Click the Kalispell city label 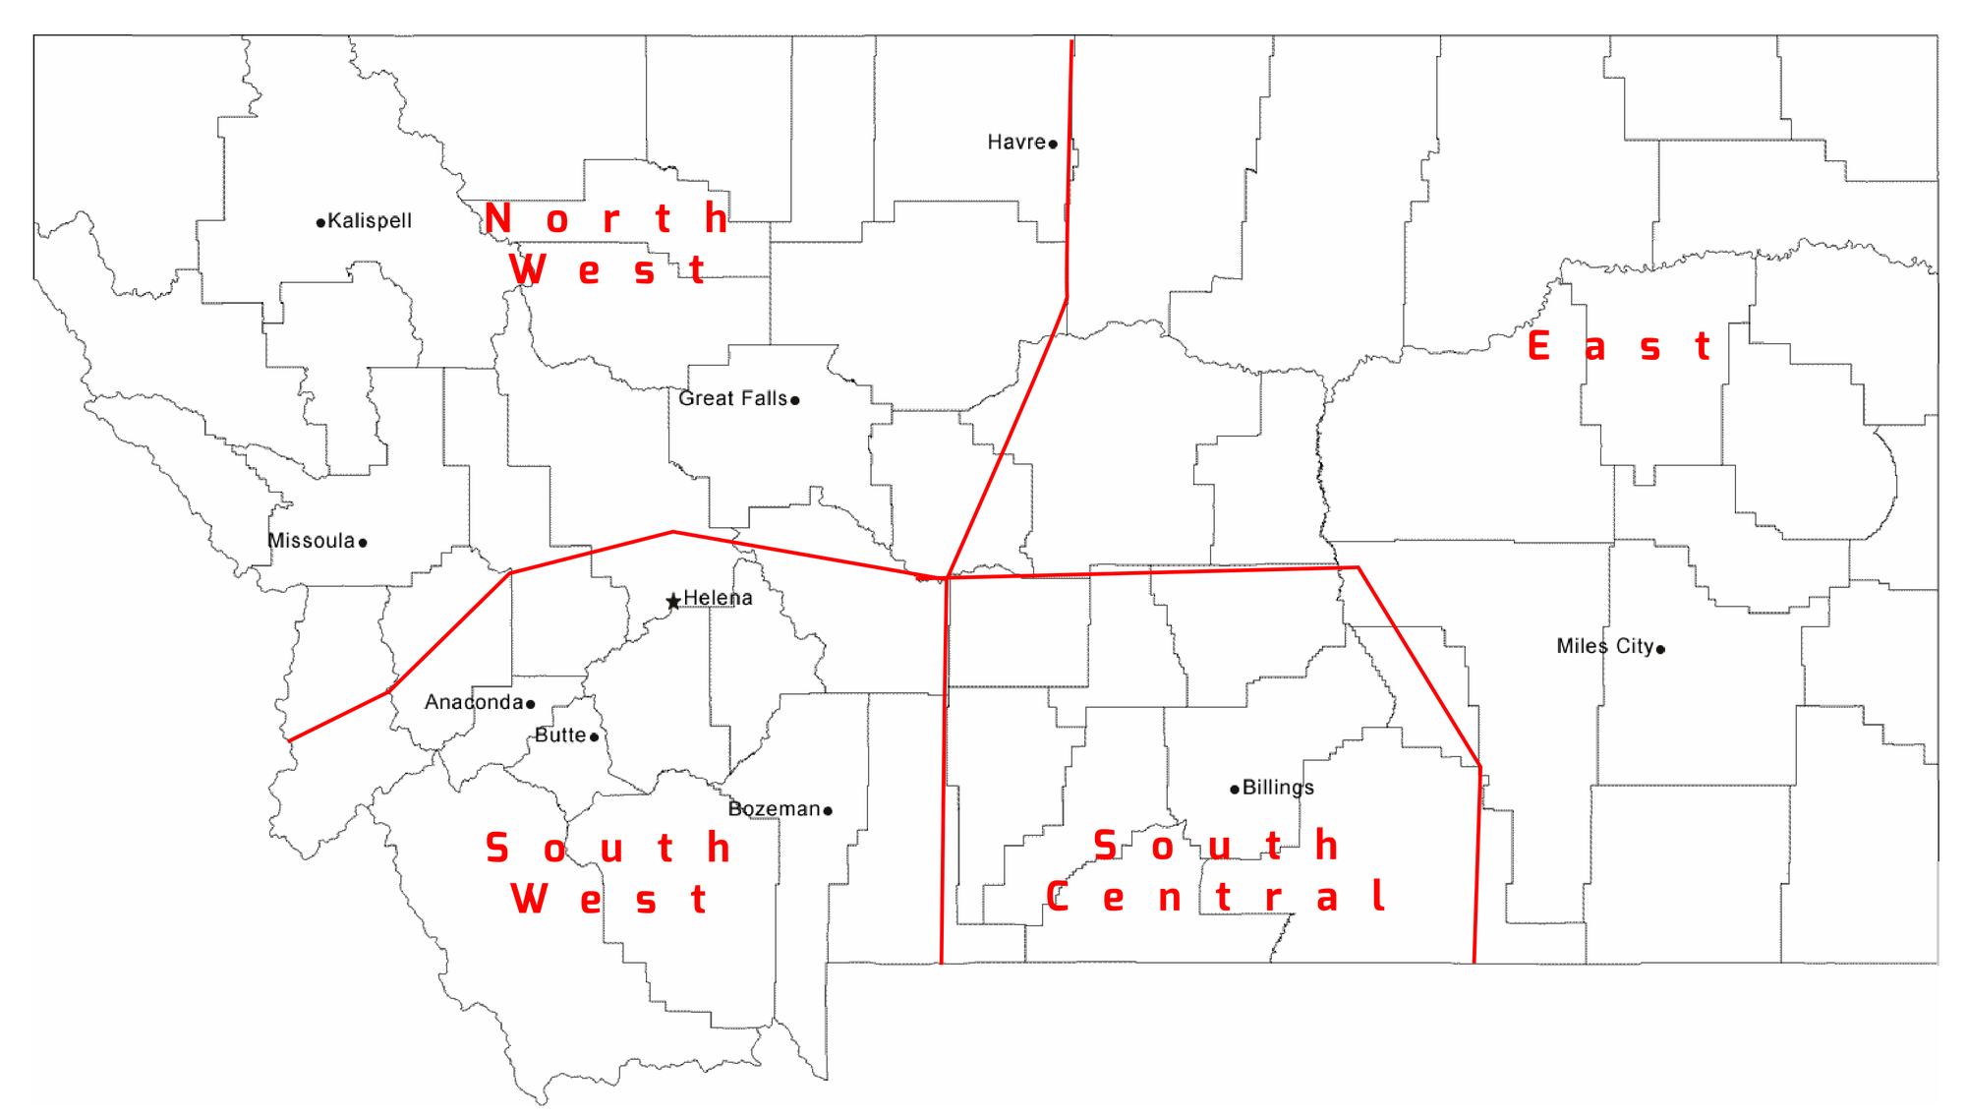370,220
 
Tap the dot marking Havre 1053,145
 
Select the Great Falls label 732,398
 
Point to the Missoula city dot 363,543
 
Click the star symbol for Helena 673,601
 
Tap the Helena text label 718,598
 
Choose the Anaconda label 473,702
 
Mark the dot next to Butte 594,736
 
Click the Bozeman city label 774,809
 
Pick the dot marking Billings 1235,790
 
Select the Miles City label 1604,646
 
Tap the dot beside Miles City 1660,649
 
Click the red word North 607,218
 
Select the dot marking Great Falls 795,400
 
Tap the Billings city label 1278,788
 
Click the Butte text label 560,735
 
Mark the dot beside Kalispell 320,223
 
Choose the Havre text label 1016,143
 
